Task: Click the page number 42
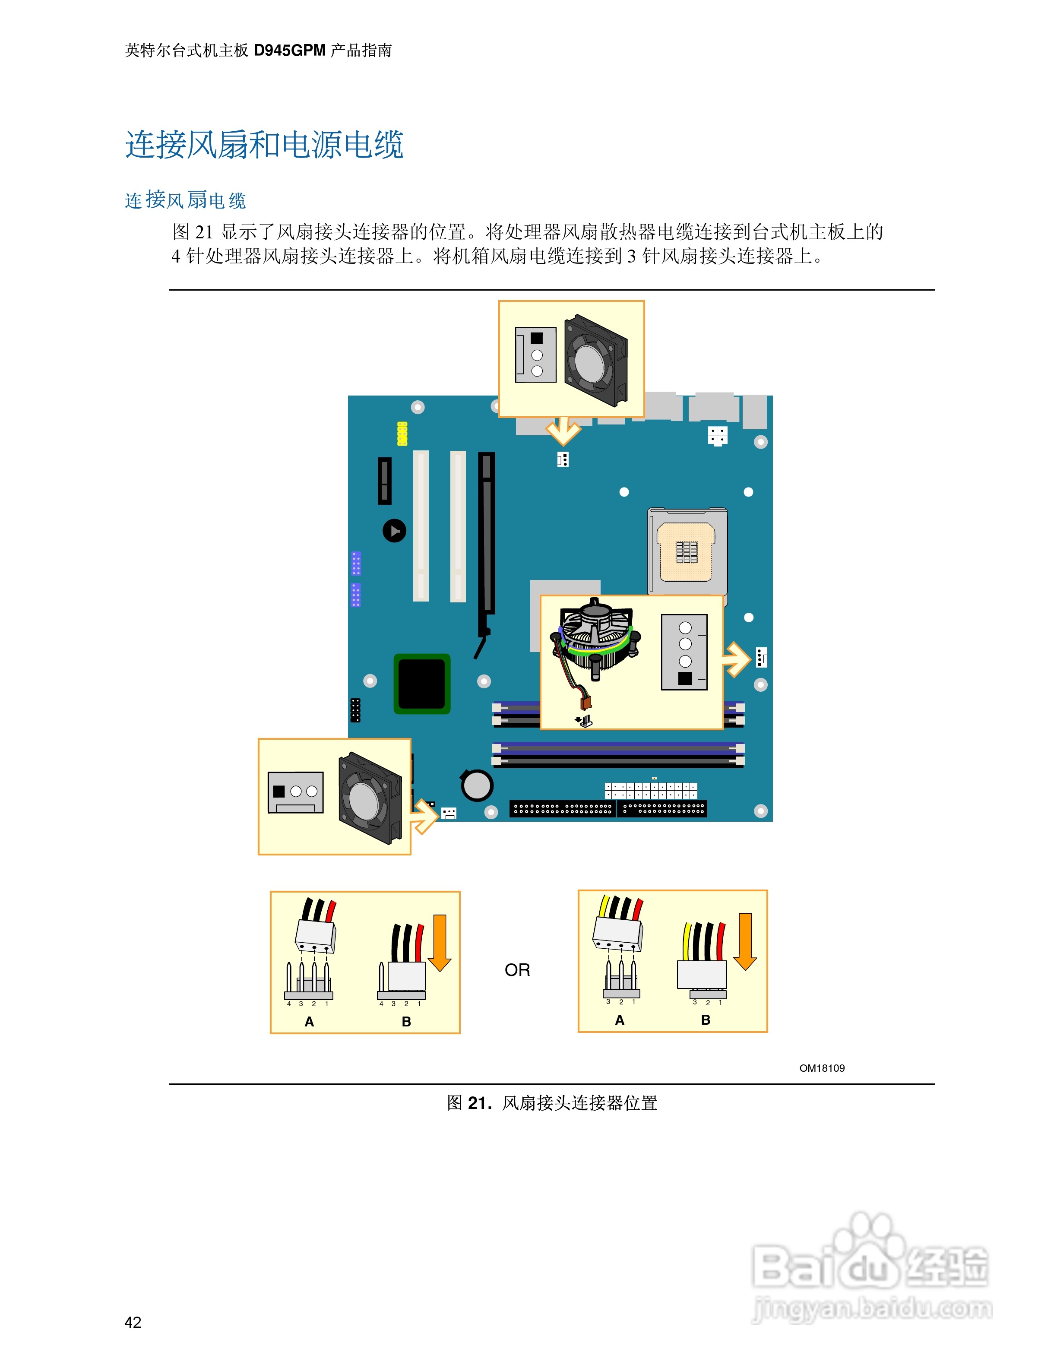(x=133, y=1322)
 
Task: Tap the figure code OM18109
(x=822, y=1068)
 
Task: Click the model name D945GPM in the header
(x=289, y=50)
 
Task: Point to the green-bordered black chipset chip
(x=421, y=684)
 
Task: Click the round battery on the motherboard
(x=477, y=785)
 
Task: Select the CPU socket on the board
(x=687, y=551)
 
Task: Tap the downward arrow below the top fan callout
(x=563, y=431)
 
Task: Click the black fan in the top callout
(x=595, y=360)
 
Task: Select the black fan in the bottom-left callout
(x=370, y=798)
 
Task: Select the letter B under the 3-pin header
(x=706, y=1020)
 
